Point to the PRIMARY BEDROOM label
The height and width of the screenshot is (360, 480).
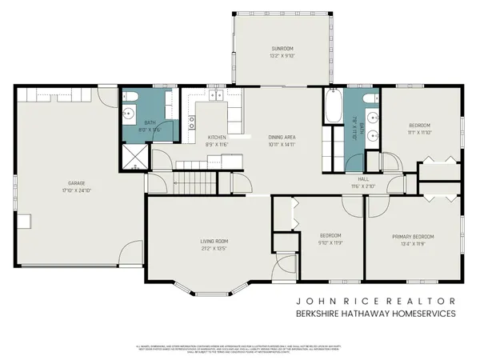[413, 237]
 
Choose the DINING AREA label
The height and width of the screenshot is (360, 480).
[282, 138]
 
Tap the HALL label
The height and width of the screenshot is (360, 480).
[363, 179]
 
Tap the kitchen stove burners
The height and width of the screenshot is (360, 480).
[191, 122]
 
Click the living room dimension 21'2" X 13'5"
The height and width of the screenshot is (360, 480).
[214, 248]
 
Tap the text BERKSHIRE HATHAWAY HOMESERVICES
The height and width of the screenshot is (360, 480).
[375, 314]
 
